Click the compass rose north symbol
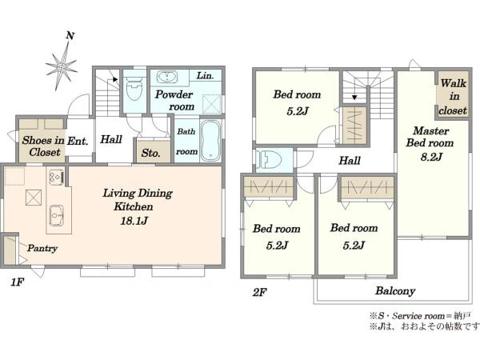(62, 62)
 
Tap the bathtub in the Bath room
(211, 141)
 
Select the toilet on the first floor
(134, 86)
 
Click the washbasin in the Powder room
(167, 77)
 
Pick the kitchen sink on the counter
(56, 215)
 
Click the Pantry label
(42, 248)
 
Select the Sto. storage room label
(150, 153)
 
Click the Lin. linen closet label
(205, 75)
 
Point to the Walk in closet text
(453, 97)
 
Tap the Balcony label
(395, 291)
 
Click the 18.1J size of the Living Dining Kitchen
(134, 221)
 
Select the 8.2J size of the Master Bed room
(431, 157)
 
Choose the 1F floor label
(17, 282)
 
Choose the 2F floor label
(259, 292)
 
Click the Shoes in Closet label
(43, 146)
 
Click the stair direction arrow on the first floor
(115, 79)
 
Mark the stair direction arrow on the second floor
(354, 98)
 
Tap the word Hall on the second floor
(350, 161)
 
